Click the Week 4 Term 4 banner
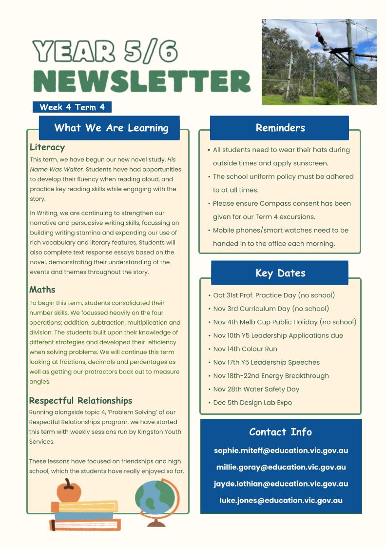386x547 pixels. tap(72, 107)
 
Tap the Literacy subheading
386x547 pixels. tap(47, 147)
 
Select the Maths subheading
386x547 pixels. tap(42, 290)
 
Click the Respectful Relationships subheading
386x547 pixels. tap(80, 401)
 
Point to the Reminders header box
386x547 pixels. tap(280, 128)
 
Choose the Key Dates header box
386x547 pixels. tap(280, 273)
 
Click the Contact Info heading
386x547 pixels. tap(280, 432)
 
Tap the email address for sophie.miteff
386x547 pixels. tap(281, 451)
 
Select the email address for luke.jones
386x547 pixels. tap(281, 501)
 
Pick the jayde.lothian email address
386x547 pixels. tap(281, 484)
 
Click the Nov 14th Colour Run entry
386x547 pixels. tap(245, 349)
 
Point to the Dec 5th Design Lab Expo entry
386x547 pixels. tap(252, 403)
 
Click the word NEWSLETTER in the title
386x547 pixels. tap(141, 81)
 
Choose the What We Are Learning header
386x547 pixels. tap(111, 128)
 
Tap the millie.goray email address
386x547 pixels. tap(281, 468)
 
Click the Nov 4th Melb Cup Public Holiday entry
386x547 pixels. tap(285, 322)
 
